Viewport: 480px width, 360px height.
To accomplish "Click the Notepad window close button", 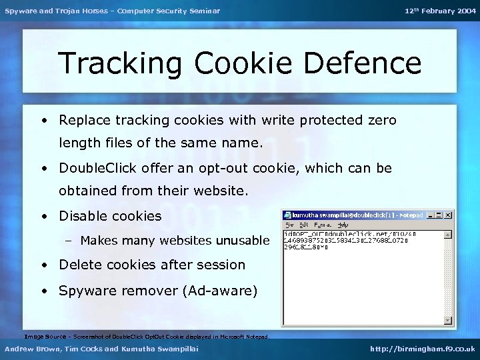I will [x=449, y=215].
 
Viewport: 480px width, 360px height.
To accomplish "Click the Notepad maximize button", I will [x=440, y=215].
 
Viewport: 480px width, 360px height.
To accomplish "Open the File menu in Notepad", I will [x=290, y=225].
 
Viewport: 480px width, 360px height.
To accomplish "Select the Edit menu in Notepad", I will [x=303, y=225].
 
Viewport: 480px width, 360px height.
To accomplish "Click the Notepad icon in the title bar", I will [x=287, y=215].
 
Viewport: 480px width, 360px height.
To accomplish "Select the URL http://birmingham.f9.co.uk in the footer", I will [x=423, y=349].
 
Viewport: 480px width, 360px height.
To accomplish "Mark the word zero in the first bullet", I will [x=382, y=121].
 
